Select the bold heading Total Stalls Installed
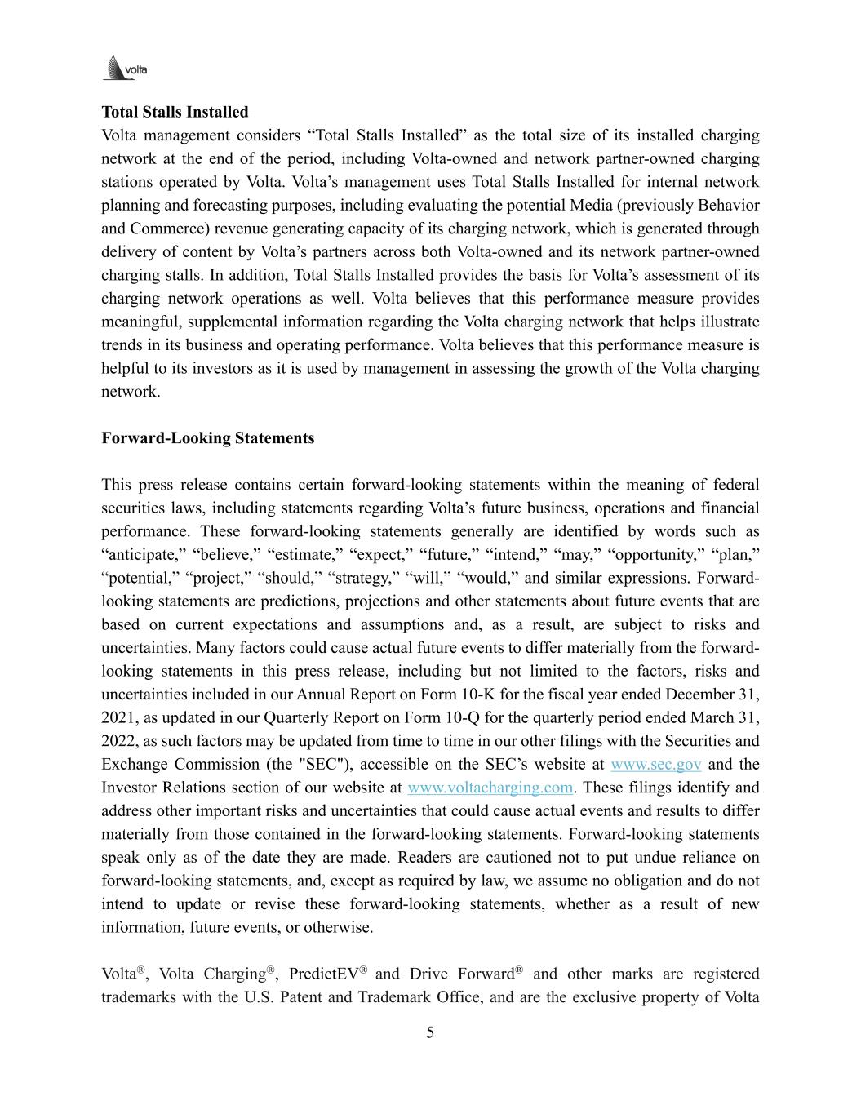point(175,112)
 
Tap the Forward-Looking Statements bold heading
point(207,438)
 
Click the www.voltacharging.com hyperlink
point(490,788)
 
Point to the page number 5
point(430,1033)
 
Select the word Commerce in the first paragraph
point(159,229)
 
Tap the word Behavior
point(728,205)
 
